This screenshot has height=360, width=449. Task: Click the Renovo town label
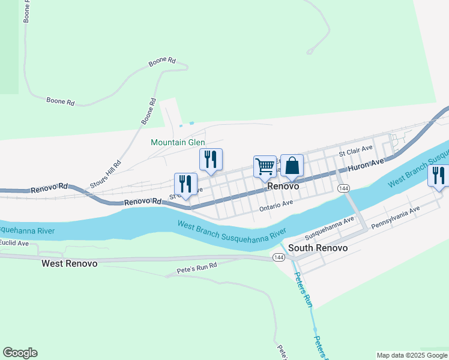click(x=283, y=187)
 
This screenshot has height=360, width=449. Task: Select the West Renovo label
click(x=69, y=263)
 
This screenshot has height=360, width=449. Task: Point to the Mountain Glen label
click(x=178, y=142)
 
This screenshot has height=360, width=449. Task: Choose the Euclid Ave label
click(x=14, y=243)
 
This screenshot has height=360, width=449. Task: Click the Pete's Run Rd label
click(x=196, y=268)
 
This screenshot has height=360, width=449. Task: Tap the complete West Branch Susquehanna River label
click(x=231, y=229)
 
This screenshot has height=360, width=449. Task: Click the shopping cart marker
click(x=265, y=166)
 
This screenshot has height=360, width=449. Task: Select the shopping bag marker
click(x=292, y=165)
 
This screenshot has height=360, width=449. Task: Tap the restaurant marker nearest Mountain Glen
click(x=211, y=159)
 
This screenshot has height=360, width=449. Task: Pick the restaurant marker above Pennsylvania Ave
click(x=438, y=175)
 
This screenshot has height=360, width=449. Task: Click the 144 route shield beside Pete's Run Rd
click(x=279, y=257)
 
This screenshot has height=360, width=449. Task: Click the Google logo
click(x=20, y=353)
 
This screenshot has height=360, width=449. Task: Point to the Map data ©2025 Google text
click(x=411, y=355)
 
